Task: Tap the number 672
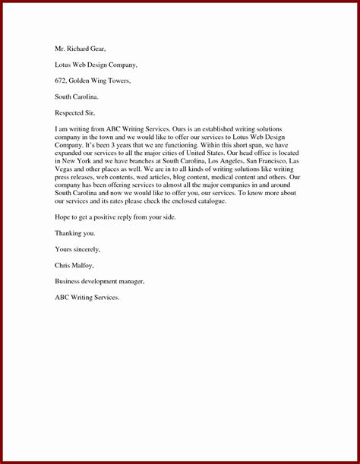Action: [62, 80]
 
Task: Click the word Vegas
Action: [66, 170]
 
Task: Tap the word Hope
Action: [63, 218]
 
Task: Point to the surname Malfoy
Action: [88, 265]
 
